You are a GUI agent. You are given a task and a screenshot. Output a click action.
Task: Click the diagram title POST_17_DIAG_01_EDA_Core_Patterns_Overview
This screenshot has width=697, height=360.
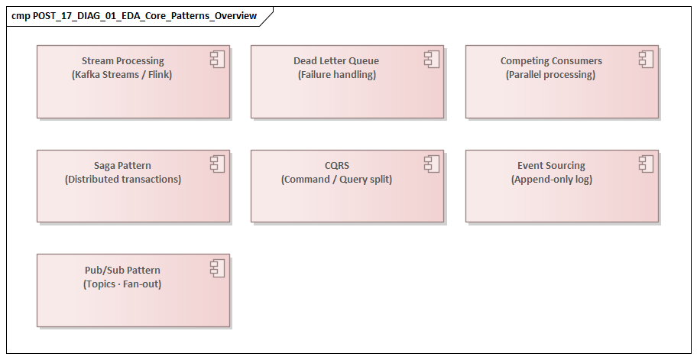(134, 16)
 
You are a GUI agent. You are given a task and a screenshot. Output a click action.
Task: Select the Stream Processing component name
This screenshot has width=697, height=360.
(123, 61)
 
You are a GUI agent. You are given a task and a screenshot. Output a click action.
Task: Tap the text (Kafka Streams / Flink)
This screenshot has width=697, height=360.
(123, 75)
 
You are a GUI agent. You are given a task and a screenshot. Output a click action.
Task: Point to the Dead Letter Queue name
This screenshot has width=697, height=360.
(336, 61)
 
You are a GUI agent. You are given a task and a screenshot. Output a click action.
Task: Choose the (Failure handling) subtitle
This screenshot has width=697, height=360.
(336, 75)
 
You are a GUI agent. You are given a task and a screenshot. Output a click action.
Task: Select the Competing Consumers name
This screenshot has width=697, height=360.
(551, 61)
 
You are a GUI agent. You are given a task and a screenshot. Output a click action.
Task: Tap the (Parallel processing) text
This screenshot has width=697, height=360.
(551, 75)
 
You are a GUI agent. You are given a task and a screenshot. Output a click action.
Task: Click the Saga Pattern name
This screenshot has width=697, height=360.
(123, 166)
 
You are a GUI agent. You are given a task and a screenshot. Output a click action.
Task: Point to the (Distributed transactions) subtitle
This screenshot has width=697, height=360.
(123, 180)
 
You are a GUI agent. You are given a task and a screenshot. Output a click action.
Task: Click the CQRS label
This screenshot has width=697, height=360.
(336, 166)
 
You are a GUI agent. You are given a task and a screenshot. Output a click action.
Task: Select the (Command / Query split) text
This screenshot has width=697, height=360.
(336, 180)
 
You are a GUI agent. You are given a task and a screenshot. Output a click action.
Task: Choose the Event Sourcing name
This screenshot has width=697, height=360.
(551, 166)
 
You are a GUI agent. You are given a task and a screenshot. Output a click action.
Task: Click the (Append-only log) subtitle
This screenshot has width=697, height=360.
(551, 180)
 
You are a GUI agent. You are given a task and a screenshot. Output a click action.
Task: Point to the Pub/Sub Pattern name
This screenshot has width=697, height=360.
(123, 271)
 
